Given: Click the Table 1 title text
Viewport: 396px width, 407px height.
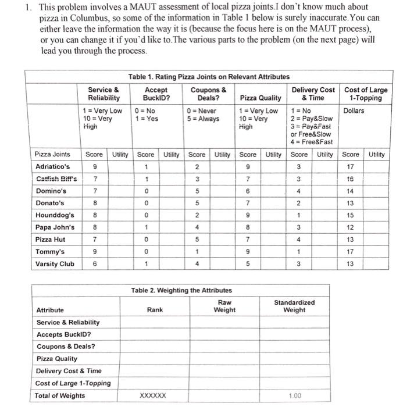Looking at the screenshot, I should (x=209, y=77).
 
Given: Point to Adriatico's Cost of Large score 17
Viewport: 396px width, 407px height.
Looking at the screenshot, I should (x=351, y=166).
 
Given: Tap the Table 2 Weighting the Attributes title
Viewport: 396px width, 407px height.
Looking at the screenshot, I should (x=181, y=290).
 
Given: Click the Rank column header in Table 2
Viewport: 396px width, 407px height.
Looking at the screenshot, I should (x=155, y=310).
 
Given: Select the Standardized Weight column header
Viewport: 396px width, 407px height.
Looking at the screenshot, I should (x=294, y=306).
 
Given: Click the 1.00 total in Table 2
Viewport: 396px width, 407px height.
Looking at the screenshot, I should (x=296, y=396).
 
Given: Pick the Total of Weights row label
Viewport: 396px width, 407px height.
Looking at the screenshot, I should (x=60, y=396).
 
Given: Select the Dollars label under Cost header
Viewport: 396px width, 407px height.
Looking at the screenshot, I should (x=354, y=110).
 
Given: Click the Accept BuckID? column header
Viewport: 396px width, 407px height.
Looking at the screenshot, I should (x=155, y=94).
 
